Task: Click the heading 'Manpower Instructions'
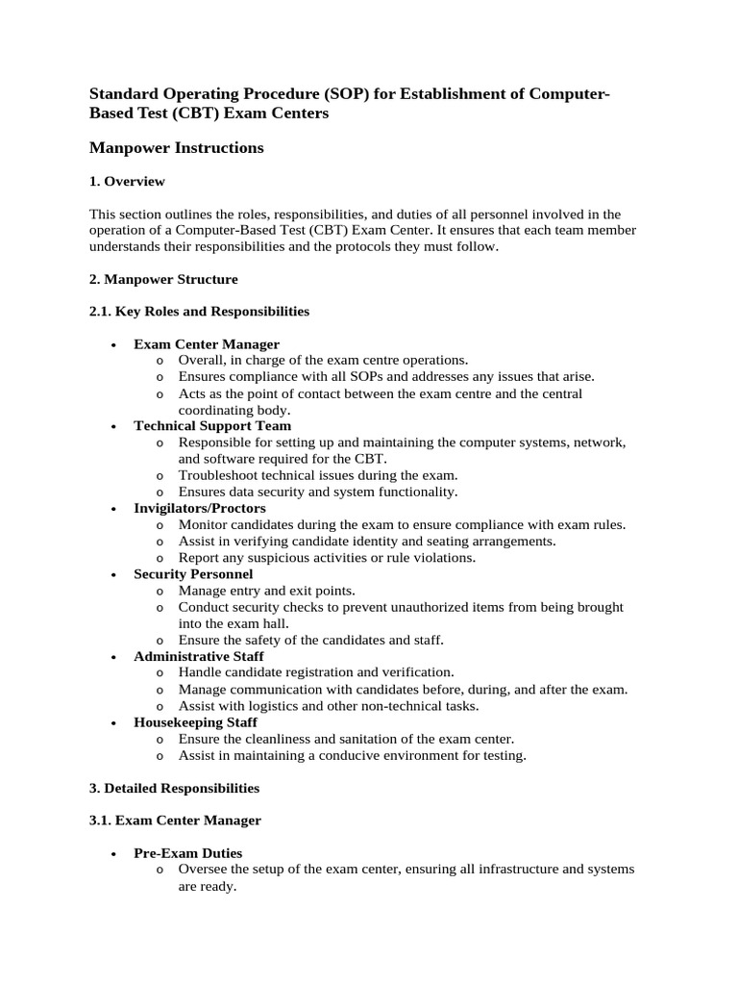pyautogui.click(x=176, y=148)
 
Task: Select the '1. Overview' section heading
pyautogui.click(x=127, y=181)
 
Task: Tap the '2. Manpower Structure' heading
pyautogui.click(x=163, y=279)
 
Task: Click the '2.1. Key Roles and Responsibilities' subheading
pyautogui.click(x=199, y=312)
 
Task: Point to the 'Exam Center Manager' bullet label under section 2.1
pyautogui.click(x=207, y=344)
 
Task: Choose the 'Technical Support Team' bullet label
pyautogui.click(x=212, y=426)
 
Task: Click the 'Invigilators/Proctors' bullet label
pyautogui.click(x=200, y=508)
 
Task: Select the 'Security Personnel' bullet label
pyautogui.click(x=193, y=574)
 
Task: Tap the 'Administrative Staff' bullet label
pyautogui.click(x=199, y=656)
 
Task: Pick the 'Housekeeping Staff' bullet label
pyautogui.click(x=195, y=722)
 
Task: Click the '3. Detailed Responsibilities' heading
pyautogui.click(x=174, y=788)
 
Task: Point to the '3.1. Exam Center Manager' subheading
pyautogui.click(x=175, y=821)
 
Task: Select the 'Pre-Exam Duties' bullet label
pyautogui.click(x=188, y=853)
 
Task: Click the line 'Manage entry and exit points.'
pyautogui.click(x=266, y=591)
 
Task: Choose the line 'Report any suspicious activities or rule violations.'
pyautogui.click(x=327, y=557)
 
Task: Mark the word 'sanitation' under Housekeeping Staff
pyautogui.click(x=344, y=739)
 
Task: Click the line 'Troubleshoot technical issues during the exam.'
pyautogui.click(x=318, y=475)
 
